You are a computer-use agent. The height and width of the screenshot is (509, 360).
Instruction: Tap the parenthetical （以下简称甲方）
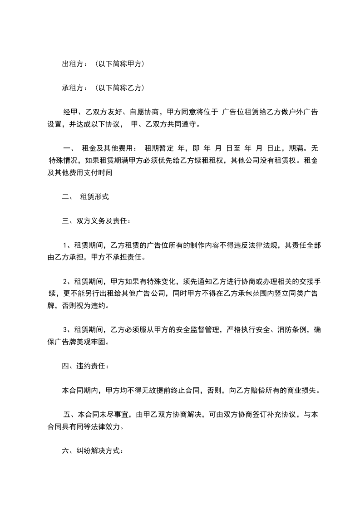point(119,64)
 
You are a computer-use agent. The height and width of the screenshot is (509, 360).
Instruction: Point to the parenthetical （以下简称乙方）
point(119,87)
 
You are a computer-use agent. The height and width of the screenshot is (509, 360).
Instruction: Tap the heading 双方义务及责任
point(101,221)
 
